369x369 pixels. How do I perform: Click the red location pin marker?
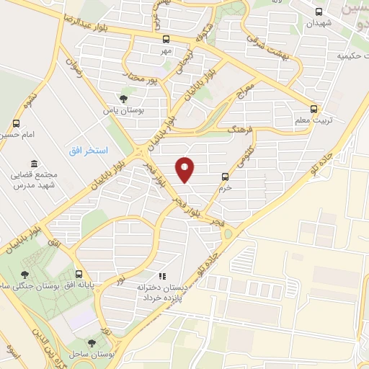[x=185, y=169]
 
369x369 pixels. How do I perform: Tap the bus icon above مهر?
[x=166, y=40]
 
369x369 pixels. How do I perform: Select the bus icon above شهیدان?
[x=319, y=12]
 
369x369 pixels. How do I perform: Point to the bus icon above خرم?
[x=226, y=176]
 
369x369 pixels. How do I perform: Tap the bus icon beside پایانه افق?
[x=79, y=274]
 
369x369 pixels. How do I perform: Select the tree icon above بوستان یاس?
[x=123, y=99]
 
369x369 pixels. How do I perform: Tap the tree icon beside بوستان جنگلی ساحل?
[x=25, y=274]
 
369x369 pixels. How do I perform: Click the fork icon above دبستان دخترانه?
[x=162, y=275]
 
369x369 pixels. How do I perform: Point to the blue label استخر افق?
[x=89, y=151]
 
